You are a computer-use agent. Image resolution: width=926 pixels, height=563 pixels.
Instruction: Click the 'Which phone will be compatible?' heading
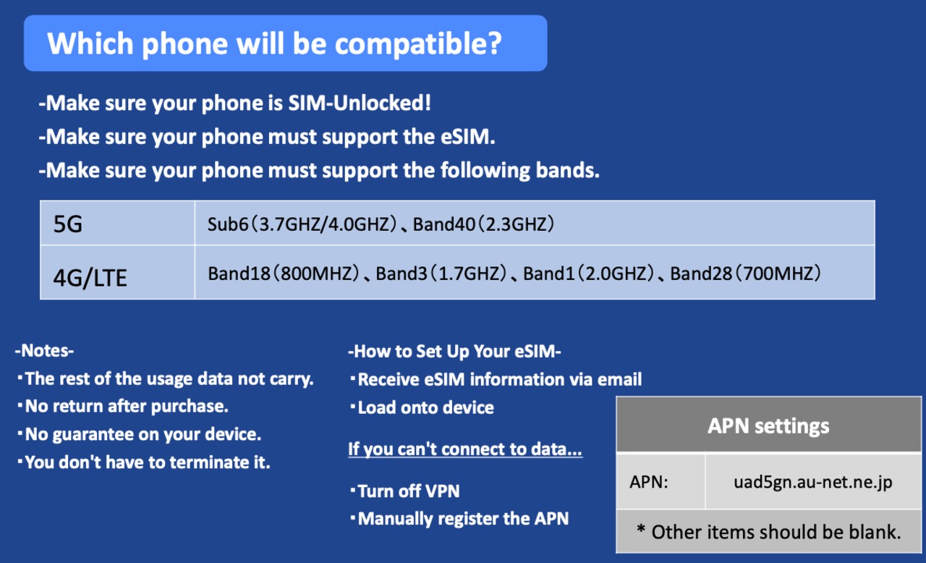274,43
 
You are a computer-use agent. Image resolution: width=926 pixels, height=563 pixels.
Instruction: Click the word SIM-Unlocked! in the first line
360,103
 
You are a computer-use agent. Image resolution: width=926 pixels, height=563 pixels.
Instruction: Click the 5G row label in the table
68,224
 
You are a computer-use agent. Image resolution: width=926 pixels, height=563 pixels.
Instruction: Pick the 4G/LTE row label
90,277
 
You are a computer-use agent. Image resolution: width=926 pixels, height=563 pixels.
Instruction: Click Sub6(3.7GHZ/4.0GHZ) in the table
302,224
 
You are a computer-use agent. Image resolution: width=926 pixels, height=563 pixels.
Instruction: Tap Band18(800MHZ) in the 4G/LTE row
284,274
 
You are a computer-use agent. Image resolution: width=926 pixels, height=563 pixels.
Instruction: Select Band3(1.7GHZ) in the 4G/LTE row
441,274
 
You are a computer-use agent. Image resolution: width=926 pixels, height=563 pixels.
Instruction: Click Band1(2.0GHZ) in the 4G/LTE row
589,274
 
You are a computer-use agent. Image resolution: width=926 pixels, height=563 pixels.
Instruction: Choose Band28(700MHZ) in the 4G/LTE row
746,274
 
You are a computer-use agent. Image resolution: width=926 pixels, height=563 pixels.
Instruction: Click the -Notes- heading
44,351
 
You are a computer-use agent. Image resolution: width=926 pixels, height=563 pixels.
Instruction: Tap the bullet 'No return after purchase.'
123,407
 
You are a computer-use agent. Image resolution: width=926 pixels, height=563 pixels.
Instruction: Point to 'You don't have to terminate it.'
144,462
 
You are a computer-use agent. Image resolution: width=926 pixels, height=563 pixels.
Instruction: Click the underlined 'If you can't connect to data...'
465,449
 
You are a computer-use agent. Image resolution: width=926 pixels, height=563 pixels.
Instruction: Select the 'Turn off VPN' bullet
405,491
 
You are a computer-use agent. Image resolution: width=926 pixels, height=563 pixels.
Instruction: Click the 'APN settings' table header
768,426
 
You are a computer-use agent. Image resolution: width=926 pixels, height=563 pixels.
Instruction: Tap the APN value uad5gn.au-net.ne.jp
813,483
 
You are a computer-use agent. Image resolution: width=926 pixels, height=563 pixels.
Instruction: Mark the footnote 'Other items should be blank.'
769,532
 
